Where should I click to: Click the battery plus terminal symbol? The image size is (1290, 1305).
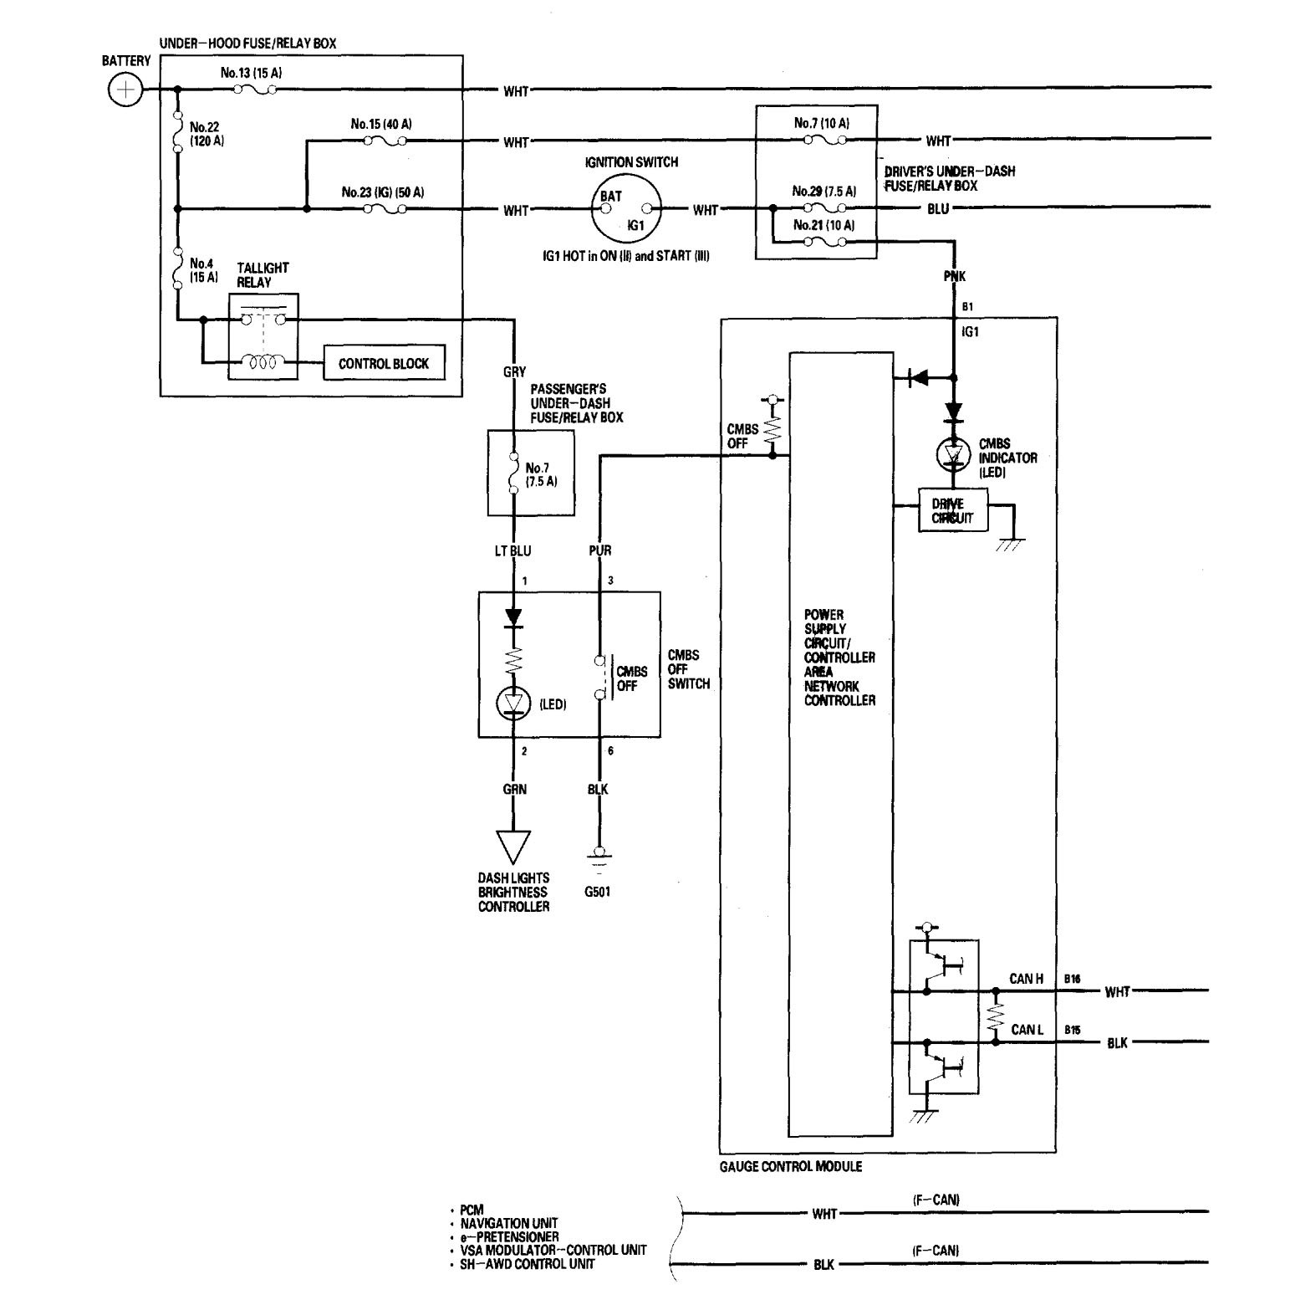click(125, 90)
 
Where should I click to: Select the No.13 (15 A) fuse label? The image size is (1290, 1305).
click(251, 73)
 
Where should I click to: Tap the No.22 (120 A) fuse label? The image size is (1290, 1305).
click(207, 134)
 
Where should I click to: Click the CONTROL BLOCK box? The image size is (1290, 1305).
click(384, 364)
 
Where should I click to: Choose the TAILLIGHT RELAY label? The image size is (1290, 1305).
click(262, 275)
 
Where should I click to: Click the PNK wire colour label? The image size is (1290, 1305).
click(955, 276)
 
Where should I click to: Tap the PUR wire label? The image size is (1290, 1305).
click(600, 550)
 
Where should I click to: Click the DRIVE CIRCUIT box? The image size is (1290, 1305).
click(952, 510)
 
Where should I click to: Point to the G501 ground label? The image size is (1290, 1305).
click(598, 892)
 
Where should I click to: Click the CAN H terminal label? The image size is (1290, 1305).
click(1026, 979)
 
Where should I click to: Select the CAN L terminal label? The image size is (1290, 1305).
click(1027, 1030)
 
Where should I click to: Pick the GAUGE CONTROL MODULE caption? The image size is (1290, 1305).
click(791, 1166)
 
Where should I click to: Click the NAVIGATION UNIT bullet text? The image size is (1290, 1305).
click(509, 1223)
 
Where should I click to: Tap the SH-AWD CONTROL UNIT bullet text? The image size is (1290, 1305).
click(527, 1264)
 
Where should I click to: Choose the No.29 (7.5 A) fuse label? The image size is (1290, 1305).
click(824, 192)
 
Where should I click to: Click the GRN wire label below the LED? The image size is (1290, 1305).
click(514, 789)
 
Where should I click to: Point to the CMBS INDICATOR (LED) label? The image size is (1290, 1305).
click(1007, 458)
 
